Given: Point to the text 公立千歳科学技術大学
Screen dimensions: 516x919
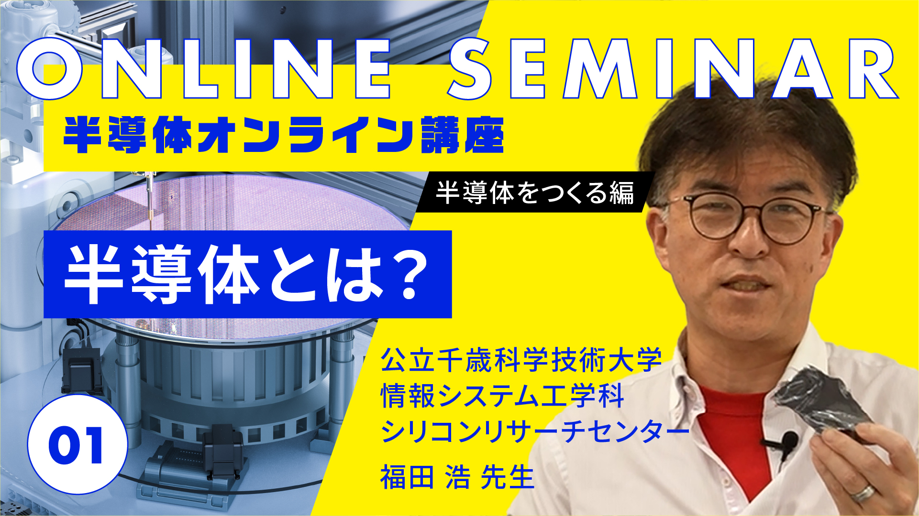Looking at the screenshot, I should point(521,360).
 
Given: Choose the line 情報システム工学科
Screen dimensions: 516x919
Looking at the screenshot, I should point(502,396).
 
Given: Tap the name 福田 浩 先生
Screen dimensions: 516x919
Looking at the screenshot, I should point(457,477).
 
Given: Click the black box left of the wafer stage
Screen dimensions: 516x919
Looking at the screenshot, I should point(81,368).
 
